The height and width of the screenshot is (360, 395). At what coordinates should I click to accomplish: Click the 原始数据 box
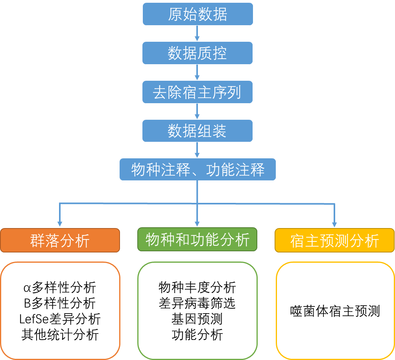coord(197,14)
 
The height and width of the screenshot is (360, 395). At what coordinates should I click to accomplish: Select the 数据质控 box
coord(197,53)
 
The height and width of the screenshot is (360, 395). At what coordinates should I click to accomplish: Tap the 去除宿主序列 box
coord(197,92)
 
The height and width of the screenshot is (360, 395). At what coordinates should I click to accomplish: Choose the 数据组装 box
coord(197,131)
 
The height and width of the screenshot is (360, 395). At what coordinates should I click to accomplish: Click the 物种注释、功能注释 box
coord(197,170)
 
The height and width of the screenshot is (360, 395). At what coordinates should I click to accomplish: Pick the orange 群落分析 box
coord(60,240)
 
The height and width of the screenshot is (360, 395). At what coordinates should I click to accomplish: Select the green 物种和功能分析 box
coord(197,239)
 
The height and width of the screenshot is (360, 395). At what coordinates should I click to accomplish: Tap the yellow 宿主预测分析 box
coord(334,240)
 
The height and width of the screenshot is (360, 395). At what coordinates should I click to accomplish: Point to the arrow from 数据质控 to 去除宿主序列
coord(197,72)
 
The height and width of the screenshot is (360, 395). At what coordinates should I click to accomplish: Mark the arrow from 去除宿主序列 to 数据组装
coord(197,111)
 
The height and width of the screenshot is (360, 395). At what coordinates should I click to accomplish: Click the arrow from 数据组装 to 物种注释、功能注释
coord(197,150)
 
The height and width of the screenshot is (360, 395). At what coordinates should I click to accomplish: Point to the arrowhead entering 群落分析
coord(60,224)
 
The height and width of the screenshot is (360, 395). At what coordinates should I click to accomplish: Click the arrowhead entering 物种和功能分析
coord(197,223)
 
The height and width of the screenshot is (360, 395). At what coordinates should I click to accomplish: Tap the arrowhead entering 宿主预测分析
coord(334,224)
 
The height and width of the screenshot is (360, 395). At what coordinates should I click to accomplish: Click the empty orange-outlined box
coord(60,310)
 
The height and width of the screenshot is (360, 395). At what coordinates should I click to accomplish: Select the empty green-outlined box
coord(197,310)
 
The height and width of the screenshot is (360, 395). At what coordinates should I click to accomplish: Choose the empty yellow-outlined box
coord(335,310)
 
